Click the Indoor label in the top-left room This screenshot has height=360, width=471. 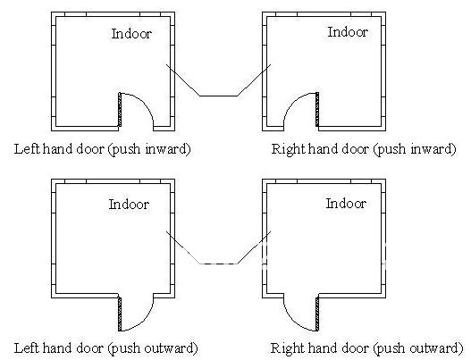pyautogui.click(x=131, y=34)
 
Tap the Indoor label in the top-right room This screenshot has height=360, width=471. pyautogui.click(x=348, y=32)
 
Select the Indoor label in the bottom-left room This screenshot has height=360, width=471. pyautogui.click(x=129, y=205)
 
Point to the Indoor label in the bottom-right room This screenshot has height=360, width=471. pyautogui.click(x=346, y=204)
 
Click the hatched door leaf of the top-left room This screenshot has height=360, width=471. pyautogui.click(x=120, y=109)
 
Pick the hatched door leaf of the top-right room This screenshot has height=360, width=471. pyautogui.click(x=317, y=109)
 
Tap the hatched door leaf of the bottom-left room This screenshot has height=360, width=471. pyautogui.click(x=120, y=314)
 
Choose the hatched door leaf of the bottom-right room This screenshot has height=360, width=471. pyautogui.click(x=317, y=314)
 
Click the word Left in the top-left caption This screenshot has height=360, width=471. pyautogui.click(x=27, y=148)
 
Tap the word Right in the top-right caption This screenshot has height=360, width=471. pyautogui.click(x=288, y=148)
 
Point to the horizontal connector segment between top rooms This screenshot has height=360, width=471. pyautogui.click(x=218, y=96)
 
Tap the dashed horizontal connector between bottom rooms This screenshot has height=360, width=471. pyautogui.click(x=218, y=264)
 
